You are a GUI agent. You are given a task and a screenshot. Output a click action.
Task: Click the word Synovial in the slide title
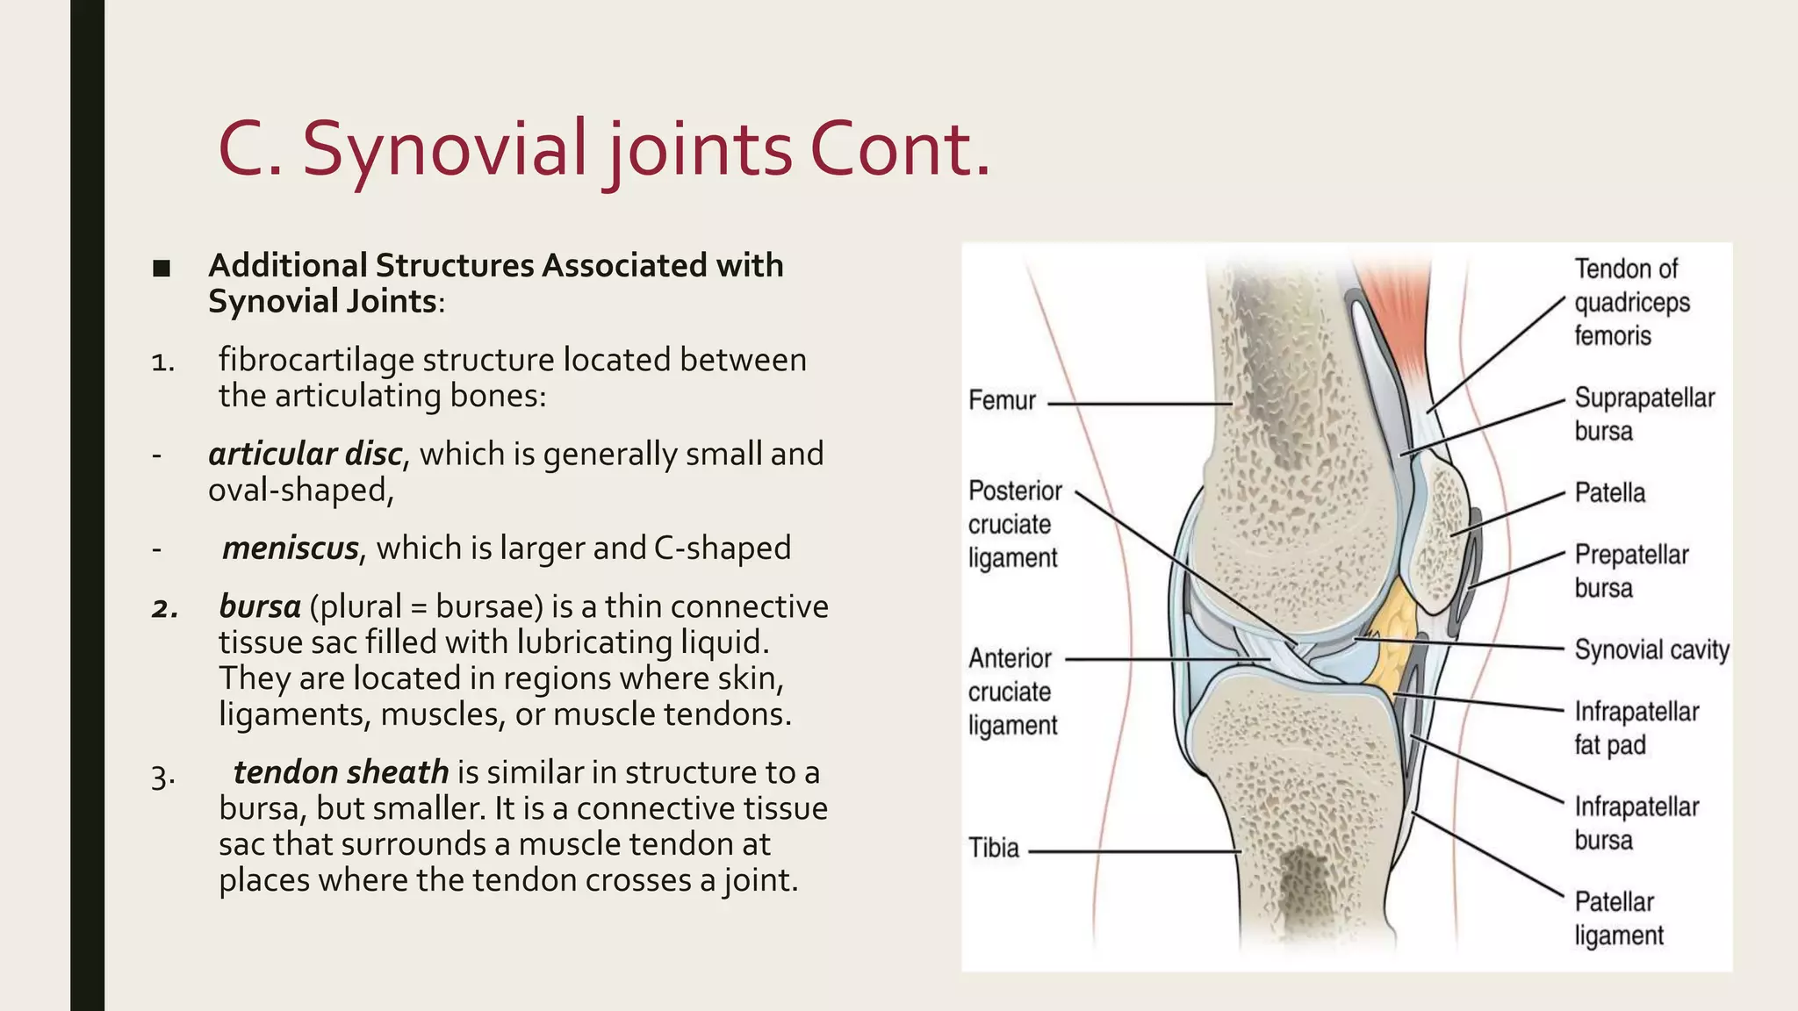tap(443, 149)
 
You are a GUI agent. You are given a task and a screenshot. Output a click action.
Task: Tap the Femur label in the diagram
tap(1002, 401)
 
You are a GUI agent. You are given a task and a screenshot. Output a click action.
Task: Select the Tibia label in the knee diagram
tap(993, 849)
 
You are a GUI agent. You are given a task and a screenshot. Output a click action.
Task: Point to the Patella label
tap(1609, 493)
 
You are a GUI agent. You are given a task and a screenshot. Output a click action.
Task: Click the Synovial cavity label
tap(1651, 650)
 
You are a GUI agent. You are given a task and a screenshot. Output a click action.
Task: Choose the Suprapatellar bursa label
tap(1643, 414)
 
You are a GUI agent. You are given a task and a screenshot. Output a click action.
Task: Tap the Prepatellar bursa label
tap(1630, 571)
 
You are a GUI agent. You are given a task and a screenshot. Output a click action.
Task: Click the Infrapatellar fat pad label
tap(1636, 728)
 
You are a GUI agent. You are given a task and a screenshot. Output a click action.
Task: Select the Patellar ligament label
tap(1618, 918)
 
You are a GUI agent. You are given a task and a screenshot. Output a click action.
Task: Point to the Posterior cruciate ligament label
tap(1014, 524)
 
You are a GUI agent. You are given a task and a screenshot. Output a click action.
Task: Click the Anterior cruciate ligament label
tap(1011, 692)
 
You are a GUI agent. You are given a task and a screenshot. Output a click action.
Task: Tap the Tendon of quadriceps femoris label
tap(1630, 302)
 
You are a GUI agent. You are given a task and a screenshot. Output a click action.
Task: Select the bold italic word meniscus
tap(290, 549)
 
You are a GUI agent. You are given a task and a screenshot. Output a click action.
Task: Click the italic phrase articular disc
tap(305, 455)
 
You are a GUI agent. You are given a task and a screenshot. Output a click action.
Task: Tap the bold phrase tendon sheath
tap(341, 772)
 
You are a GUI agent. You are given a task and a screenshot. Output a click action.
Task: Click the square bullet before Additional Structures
tap(161, 268)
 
